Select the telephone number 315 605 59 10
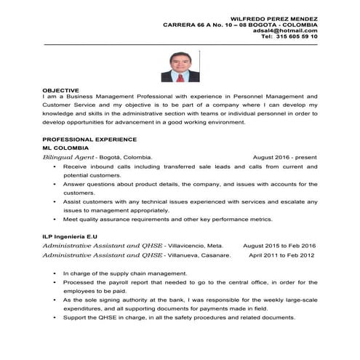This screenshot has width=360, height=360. click(x=293, y=36)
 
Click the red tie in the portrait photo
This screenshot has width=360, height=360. click(x=179, y=73)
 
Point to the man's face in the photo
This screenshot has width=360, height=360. click(x=179, y=60)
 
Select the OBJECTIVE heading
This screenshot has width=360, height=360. click(x=60, y=89)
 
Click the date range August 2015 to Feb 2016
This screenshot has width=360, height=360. click(x=279, y=246)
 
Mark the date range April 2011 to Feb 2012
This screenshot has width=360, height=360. click(x=281, y=255)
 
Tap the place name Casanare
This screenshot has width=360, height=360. click(x=215, y=255)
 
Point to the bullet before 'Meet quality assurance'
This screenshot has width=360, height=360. click(x=55, y=219)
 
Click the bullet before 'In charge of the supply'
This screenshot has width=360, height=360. click(x=55, y=273)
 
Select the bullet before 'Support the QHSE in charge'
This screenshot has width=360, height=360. click(x=55, y=318)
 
